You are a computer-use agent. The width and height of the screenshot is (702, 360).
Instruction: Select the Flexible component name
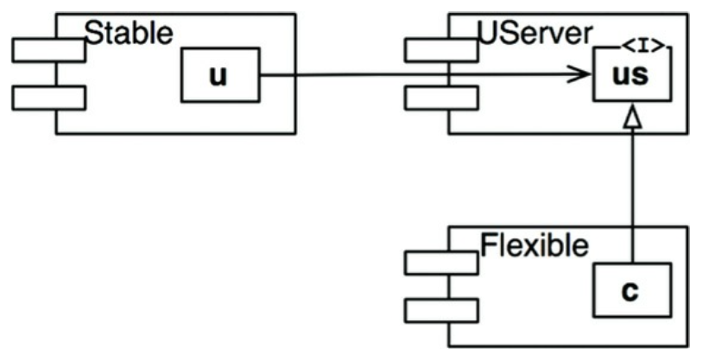[x=534, y=245]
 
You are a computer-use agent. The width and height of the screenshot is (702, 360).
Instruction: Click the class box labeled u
[x=219, y=74]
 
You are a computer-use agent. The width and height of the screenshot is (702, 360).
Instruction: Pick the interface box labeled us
[x=631, y=75]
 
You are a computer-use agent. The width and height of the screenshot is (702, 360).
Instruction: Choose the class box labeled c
[x=630, y=290]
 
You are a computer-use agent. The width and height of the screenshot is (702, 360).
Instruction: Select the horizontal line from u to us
[x=414, y=74]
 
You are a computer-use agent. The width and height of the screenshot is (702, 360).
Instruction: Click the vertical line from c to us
[x=633, y=199]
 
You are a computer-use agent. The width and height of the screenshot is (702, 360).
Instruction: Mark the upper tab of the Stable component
[x=48, y=50]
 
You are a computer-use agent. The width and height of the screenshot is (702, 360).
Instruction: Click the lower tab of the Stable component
[x=48, y=98]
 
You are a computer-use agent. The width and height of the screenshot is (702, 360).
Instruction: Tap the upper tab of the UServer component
[x=441, y=50]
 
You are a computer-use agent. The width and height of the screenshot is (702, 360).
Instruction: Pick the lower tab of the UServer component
[x=441, y=98]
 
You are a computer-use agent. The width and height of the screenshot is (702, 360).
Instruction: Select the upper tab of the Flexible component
[x=441, y=262]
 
